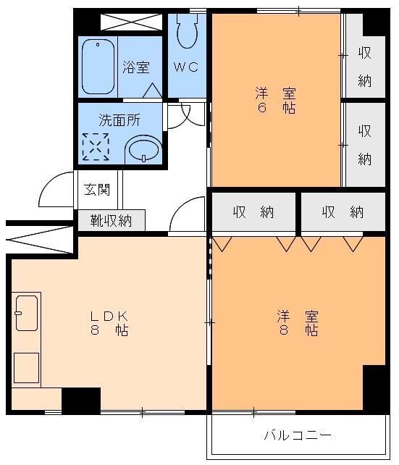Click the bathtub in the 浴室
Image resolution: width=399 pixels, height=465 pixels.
(x=98, y=67)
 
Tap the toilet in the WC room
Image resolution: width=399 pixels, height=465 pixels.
(x=187, y=30)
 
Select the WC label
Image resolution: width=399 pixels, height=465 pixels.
(x=186, y=67)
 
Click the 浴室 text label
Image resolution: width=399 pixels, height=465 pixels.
(x=136, y=67)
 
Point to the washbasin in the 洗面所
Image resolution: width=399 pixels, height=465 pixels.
(x=143, y=149)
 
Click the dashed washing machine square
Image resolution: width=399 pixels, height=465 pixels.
(x=96, y=147)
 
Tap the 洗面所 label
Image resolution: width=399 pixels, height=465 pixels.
(x=119, y=120)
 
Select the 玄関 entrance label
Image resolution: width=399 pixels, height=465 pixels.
(x=97, y=190)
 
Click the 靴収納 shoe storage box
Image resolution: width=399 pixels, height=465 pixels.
(x=112, y=220)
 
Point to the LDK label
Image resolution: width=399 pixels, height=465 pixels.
(x=109, y=317)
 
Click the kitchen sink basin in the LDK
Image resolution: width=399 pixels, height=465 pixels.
(x=27, y=313)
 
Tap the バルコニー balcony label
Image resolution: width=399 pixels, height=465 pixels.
(x=298, y=435)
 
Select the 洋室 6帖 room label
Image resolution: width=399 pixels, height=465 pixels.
(x=275, y=101)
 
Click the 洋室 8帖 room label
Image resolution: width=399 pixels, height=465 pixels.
(x=298, y=323)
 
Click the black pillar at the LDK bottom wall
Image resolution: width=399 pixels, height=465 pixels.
(x=81, y=401)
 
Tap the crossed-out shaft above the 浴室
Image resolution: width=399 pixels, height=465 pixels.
(x=131, y=22)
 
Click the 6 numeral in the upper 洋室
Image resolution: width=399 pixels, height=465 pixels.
(x=261, y=108)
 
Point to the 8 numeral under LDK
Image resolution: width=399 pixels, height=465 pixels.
(x=95, y=330)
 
